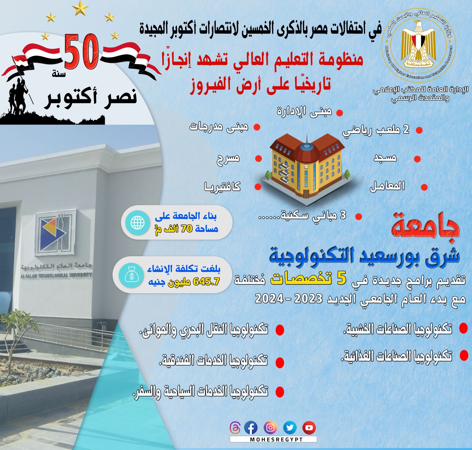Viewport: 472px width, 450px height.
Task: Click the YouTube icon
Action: pyautogui.click(x=309, y=428)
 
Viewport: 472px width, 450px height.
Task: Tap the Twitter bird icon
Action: pyautogui.click(x=290, y=428)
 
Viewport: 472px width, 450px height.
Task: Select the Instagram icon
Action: pyautogui.click(x=270, y=428)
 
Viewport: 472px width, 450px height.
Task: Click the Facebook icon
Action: pyautogui.click(x=251, y=428)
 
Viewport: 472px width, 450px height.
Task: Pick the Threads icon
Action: pyautogui.click(x=235, y=428)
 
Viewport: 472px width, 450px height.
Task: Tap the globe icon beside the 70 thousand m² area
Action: pyautogui.click(x=137, y=222)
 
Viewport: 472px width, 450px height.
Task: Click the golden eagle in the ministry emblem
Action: pyautogui.click(x=418, y=43)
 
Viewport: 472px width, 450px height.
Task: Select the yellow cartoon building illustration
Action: pyautogui.click(x=307, y=168)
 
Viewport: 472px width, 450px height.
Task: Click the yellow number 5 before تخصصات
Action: pyautogui.click(x=341, y=279)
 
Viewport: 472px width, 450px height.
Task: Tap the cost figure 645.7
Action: pyautogui.click(x=206, y=282)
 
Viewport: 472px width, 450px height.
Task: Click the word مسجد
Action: pyautogui.click(x=385, y=158)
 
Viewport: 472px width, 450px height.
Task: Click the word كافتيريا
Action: pyautogui.click(x=222, y=186)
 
